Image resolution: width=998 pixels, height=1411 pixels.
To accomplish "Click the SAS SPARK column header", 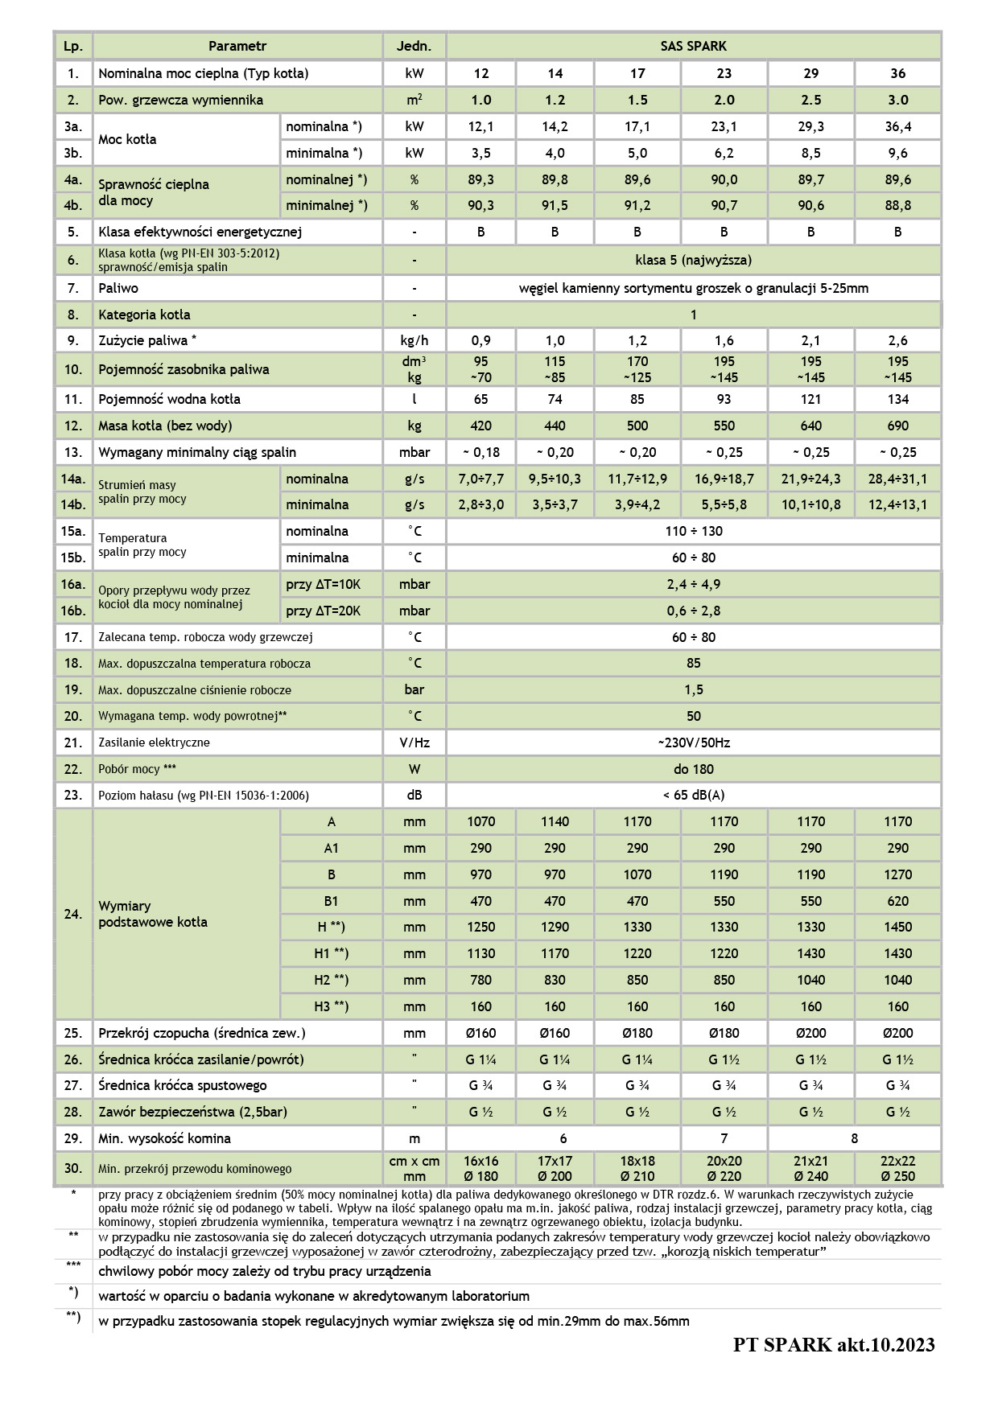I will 693,47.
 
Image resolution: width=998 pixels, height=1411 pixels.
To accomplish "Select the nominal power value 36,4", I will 897,126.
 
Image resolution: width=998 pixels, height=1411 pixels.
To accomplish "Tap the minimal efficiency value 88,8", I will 897,205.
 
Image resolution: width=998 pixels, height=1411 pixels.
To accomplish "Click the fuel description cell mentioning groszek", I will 693,288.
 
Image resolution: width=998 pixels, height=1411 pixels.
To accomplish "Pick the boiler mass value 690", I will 897,426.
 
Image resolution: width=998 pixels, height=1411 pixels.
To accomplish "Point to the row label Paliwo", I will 118,288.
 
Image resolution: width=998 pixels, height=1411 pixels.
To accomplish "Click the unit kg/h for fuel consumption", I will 414,340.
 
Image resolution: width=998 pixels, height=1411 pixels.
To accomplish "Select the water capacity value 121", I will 810,399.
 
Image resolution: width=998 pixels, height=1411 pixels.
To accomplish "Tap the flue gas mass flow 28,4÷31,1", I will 897,479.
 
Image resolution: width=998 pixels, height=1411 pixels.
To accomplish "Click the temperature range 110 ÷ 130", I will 693,531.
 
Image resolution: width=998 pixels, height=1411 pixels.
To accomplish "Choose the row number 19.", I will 73,689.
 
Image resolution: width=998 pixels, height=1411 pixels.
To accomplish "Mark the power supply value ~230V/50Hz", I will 693,743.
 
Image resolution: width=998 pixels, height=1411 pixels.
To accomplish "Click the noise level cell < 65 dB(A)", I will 693,795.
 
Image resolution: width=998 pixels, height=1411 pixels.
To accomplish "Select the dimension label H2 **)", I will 331,980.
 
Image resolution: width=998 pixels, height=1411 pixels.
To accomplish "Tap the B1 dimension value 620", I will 897,901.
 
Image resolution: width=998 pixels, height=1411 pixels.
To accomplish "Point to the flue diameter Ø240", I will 810,1176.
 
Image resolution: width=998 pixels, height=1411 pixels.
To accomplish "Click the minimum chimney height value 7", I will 724,1138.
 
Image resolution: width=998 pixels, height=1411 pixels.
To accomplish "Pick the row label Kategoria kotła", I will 144,315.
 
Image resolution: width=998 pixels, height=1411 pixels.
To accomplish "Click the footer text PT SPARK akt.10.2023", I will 834,1344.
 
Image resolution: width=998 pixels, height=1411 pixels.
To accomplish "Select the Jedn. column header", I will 414,47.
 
